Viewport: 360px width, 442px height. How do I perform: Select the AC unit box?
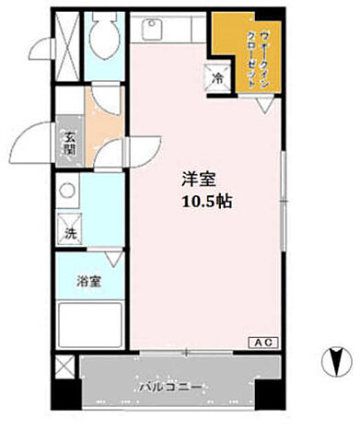263,342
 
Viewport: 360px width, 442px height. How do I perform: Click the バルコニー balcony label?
173,386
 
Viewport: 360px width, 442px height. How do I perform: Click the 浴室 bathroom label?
88,282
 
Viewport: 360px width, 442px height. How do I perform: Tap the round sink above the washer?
66,193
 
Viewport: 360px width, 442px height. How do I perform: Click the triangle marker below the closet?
262,106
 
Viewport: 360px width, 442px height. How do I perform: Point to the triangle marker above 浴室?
111,260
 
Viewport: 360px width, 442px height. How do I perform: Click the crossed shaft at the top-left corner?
65,33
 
